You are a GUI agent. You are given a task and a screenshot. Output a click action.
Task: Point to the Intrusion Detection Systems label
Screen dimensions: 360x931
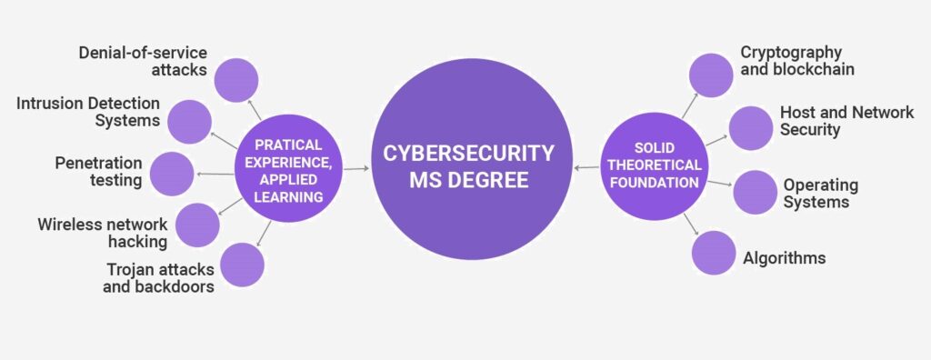pyautogui.click(x=88, y=112)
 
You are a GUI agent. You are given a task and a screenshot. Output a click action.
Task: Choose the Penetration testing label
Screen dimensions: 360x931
pyautogui.click(x=98, y=172)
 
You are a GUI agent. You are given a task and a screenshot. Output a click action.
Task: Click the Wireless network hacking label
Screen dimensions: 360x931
pyautogui.click(x=103, y=232)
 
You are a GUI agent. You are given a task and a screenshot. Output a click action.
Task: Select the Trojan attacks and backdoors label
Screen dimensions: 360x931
pyautogui.click(x=160, y=278)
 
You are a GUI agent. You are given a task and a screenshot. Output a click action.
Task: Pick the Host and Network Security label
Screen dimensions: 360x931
pyautogui.click(x=846, y=121)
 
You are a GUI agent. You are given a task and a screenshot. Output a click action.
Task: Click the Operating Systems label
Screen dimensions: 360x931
pyautogui.click(x=821, y=193)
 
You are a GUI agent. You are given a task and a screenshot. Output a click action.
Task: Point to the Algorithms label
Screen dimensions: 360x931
pyautogui.click(x=783, y=258)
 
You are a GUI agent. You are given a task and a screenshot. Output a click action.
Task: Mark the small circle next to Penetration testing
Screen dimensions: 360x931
pyautogui.click(x=173, y=174)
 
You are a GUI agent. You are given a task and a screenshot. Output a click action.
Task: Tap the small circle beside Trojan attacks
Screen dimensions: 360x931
pyautogui.click(x=242, y=265)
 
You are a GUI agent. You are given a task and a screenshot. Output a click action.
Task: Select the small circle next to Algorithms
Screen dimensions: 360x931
pyautogui.click(x=714, y=253)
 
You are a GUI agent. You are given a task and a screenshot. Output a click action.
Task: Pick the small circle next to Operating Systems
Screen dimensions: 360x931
pyautogui.click(x=754, y=191)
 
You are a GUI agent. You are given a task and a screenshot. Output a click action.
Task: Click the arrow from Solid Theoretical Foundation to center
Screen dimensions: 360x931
pyautogui.click(x=587, y=168)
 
